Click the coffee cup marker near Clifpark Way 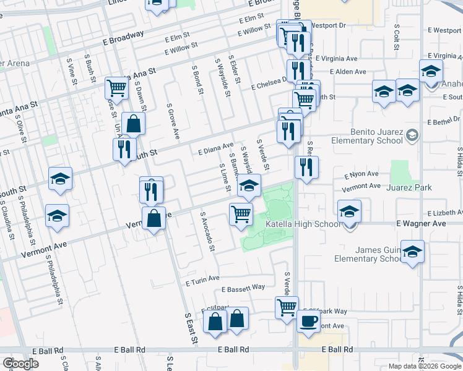pyautogui.click(x=309, y=322)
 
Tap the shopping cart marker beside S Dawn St pyautogui.click(x=116, y=88)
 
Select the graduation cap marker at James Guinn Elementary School pyautogui.click(x=412, y=252)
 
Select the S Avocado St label pyautogui.click(x=207, y=232)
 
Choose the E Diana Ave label pyautogui.click(x=215, y=149)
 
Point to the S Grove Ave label pyautogui.click(x=173, y=121)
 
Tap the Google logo pyautogui.click(x=20, y=364)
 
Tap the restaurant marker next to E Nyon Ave pyautogui.click(x=306, y=167)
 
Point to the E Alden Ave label pyautogui.click(x=348, y=72)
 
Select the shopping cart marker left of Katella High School pyautogui.click(x=240, y=214)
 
